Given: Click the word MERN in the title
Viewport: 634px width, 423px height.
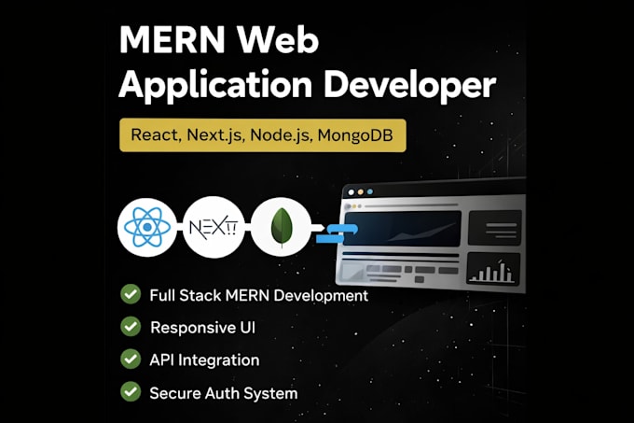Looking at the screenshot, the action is pos(172,39).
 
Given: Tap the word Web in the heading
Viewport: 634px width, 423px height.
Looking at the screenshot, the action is pos(278,39).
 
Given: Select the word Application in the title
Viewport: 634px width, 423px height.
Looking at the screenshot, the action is pos(215,85).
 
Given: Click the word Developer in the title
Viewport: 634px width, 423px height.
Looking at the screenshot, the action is pos(410,85).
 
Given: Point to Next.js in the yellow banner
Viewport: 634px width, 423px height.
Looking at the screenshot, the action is pos(215,135).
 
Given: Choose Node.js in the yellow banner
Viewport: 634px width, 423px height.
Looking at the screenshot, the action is pos(282,135).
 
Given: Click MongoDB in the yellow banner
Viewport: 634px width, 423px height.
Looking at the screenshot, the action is pos(355,135).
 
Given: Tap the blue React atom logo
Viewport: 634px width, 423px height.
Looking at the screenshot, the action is pos(147,227).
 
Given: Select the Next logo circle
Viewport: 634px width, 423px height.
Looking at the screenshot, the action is pos(214,227).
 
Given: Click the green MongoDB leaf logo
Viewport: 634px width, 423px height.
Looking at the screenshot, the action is pos(282,227).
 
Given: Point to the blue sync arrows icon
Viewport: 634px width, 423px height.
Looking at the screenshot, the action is pos(337,234).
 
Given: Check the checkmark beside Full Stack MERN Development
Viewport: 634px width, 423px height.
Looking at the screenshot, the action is pos(131,294).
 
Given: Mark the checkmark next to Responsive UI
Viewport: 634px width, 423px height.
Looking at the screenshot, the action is pos(131,326).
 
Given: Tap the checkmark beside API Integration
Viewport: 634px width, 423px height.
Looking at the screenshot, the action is pos(131,360).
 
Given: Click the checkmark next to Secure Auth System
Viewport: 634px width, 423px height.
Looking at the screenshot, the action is pos(131,392).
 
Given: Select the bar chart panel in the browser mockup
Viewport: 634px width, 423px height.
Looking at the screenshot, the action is pos(493,269).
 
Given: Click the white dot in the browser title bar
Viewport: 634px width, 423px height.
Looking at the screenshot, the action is pos(351,192).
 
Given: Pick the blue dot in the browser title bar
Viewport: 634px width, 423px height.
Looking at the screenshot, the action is pos(369,191).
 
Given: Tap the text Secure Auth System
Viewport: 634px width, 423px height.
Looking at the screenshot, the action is pos(224,393).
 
